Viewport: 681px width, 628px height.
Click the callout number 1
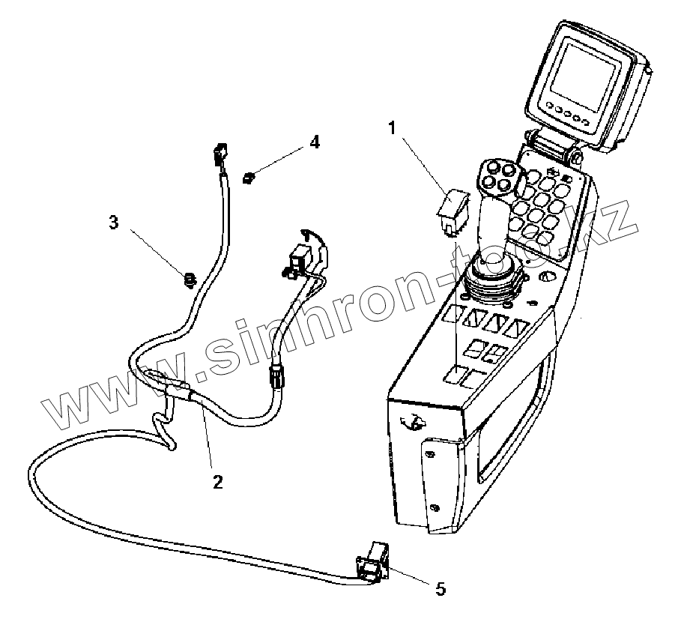pyautogui.click(x=391, y=128)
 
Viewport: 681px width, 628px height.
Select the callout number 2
pyautogui.click(x=217, y=480)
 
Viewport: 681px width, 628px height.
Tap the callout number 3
pyautogui.click(x=114, y=223)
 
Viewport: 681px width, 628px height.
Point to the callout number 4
pyautogui.click(x=315, y=142)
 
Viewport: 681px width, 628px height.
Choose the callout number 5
pyautogui.click(x=441, y=589)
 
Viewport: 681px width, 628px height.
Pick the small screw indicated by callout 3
pyautogui.click(x=190, y=281)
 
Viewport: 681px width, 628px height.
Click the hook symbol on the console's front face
pyautogui.click(x=410, y=423)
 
